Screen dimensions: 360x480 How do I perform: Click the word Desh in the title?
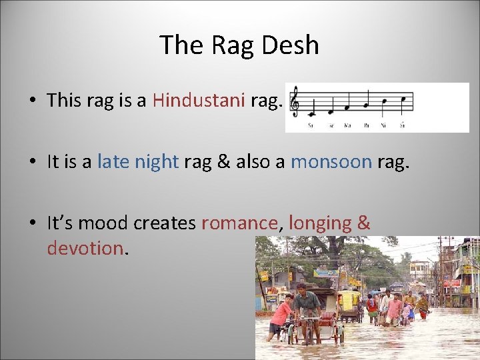point(290,45)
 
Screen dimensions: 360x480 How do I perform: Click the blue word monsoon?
point(331,161)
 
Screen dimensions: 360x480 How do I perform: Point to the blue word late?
point(113,161)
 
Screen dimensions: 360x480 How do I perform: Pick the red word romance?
point(239,223)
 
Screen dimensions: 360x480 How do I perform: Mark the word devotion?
point(85,248)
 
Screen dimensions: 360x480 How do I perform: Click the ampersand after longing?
point(363,223)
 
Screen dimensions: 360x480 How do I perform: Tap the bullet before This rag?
point(32,101)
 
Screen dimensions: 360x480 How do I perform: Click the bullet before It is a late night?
point(32,162)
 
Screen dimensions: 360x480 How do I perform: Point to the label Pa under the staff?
point(366,125)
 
